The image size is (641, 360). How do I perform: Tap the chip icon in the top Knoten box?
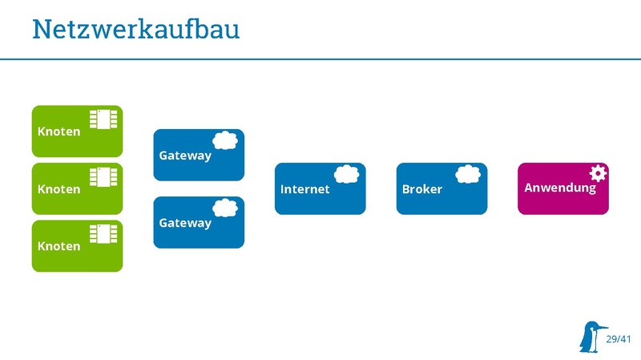click(x=104, y=119)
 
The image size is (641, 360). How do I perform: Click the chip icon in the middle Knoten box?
click(x=104, y=176)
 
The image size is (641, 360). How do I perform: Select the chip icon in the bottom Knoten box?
click(x=104, y=234)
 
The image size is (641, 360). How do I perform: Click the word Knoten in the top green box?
click(x=59, y=131)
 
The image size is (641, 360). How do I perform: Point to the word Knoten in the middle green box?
click(x=59, y=189)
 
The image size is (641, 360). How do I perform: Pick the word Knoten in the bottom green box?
click(x=59, y=246)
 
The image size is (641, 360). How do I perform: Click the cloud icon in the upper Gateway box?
click(x=226, y=140)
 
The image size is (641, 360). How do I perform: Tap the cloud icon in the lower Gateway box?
click(x=226, y=208)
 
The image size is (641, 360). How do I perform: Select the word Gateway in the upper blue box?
click(x=185, y=155)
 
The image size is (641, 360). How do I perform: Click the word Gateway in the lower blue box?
click(x=185, y=222)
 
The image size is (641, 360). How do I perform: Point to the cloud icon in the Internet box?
click(x=347, y=174)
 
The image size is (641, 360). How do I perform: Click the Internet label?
click(x=304, y=189)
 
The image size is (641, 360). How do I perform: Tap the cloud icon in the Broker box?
click(x=469, y=174)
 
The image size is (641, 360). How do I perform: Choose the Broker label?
click(x=421, y=189)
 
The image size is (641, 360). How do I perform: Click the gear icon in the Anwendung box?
click(x=598, y=172)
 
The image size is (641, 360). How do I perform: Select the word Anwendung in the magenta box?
click(x=560, y=188)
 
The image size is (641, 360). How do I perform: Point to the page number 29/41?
click(x=619, y=340)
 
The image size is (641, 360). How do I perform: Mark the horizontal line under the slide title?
click(x=320, y=59)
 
